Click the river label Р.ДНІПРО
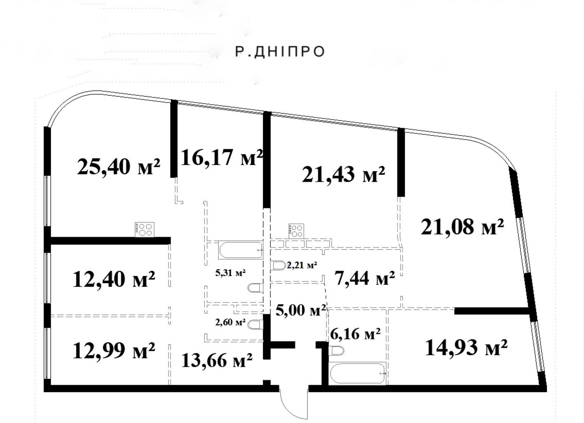pyautogui.click(x=280, y=51)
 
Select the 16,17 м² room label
pyautogui.click(x=221, y=158)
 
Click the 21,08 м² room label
pyautogui.click(x=462, y=226)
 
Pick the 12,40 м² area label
pyautogui.click(x=114, y=279)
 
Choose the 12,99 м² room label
pyautogui.click(x=114, y=350)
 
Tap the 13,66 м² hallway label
pyautogui.click(x=217, y=360)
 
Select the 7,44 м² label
pyautogui.click(x=365, y=278)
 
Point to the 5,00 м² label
pyautogui.click(x=301, y=310)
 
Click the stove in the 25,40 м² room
pyautogui.click(x=145, y=230)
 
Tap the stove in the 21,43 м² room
pyautogui.click(x=296, y=231)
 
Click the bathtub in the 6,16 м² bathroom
pyautogui.click(x=357, y=373)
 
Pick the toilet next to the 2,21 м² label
pyautogui.click(x=279, y=266)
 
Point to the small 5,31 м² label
pyautogui.click(x=230, y=273)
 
